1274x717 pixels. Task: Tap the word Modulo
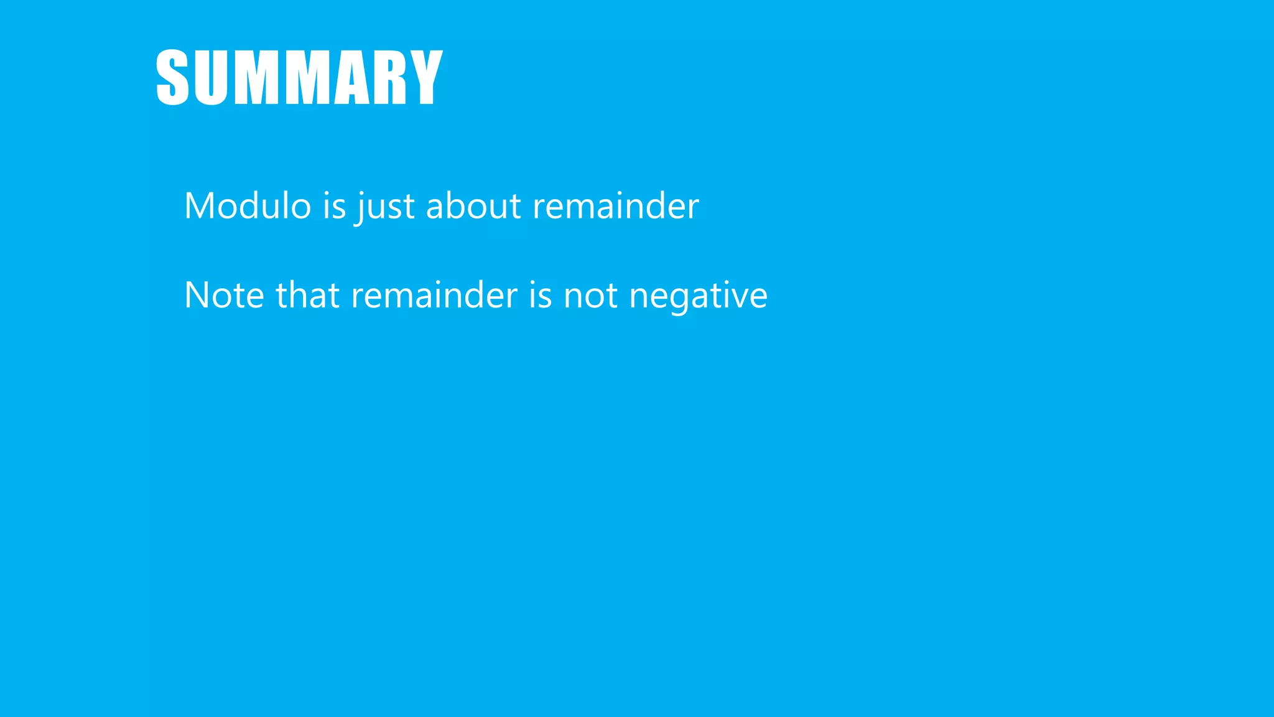tap(248, 205)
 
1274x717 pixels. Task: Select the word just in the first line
tap(386, 207)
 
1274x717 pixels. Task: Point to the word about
tap(473, 205)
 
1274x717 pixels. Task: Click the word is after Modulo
tap(334, 205)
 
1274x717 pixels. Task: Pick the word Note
tap(224, 295)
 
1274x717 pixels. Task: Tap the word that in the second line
tap(307, 295)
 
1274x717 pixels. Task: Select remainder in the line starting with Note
tap(434, 295)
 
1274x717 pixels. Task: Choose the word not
tap(590, 295)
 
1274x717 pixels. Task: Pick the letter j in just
tap(360, 208)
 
